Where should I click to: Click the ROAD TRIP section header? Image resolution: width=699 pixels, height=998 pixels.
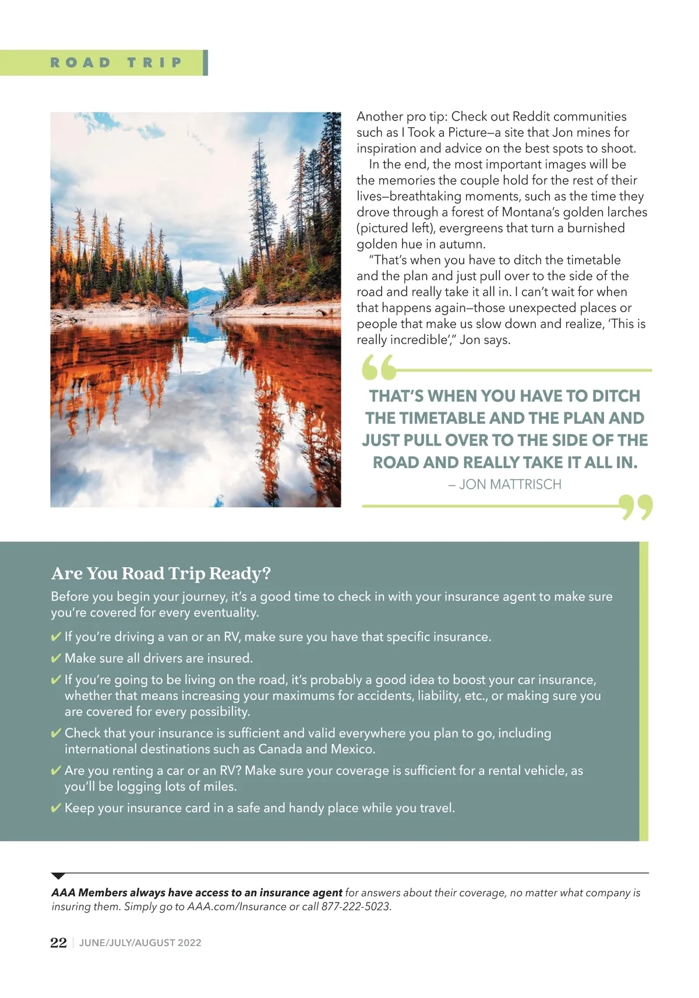(x=116, y=63)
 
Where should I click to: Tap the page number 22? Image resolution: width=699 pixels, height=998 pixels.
(x=58, y=943)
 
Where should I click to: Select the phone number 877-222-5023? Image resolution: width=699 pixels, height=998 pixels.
(x=356, y=907)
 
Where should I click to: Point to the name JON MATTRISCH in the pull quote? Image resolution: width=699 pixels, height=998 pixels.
(x=510, y=484)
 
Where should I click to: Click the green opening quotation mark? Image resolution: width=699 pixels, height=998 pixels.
(x=378, y=367)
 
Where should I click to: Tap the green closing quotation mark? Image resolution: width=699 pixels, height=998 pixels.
(x=636, y=507)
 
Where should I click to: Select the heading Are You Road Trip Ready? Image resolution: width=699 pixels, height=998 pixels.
(x=161, y=574)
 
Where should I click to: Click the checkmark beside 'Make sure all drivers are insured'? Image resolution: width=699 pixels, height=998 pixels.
(x=57, y=659)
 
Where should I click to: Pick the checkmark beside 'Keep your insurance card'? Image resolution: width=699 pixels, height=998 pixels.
(x=57, y=808)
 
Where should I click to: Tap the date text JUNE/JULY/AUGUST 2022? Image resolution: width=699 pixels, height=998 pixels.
(x=140, y=943)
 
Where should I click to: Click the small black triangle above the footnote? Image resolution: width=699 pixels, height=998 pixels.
(x=58, y=876)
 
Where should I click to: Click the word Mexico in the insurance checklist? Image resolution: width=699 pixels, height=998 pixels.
(x=352, y=749)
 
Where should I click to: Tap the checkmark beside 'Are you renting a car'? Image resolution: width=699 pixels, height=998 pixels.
(x=57, y=771)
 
